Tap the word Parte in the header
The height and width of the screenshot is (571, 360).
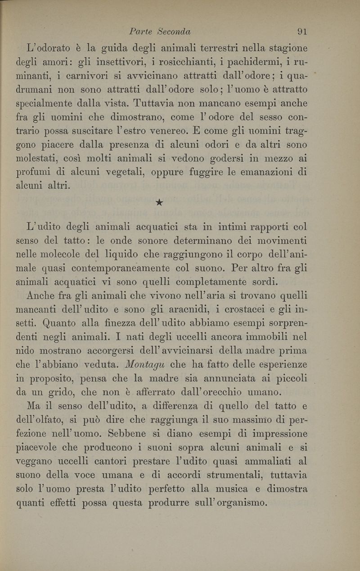(140, 32)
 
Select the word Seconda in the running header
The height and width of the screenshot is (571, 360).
(174, 32)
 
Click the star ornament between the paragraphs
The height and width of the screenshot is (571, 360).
(158, 203)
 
